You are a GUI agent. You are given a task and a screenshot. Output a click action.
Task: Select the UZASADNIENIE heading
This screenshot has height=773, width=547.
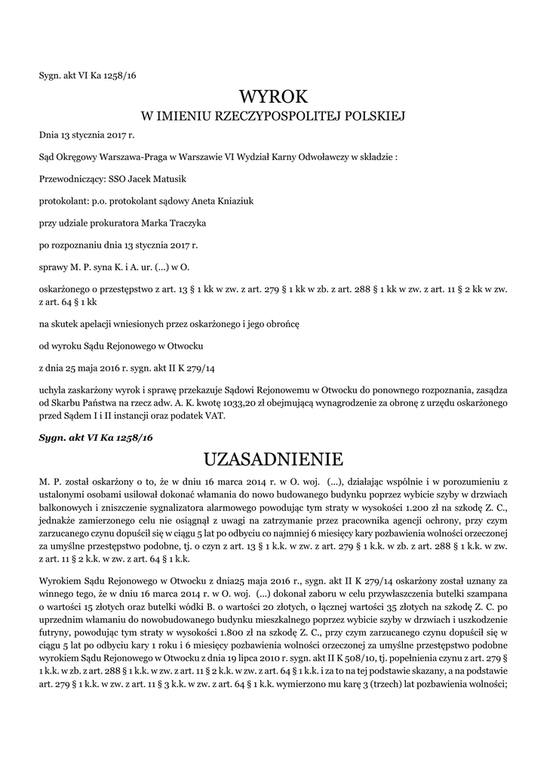(273, 459)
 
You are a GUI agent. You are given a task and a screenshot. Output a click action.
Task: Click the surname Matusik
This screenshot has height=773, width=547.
(168, 179)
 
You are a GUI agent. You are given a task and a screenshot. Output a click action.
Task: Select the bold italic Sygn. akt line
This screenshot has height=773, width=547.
(96, 437)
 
